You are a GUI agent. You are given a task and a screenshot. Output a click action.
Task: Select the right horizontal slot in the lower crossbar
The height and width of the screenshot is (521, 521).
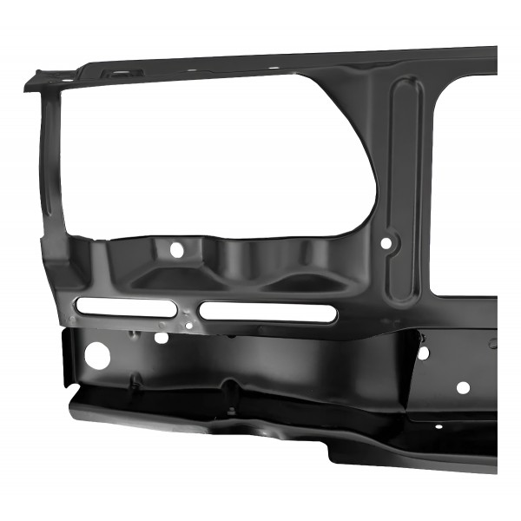(x=267, y=313)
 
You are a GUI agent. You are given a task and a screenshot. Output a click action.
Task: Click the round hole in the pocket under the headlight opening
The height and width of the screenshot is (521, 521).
(x=176, y=249)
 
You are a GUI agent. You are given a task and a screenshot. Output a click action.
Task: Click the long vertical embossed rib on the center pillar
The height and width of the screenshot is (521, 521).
(x=407, y=191)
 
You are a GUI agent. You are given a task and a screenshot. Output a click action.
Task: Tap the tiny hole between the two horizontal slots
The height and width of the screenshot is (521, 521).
(x=189, y=325)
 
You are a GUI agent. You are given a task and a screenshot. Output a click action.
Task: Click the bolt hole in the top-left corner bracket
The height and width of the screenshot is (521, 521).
(x=60, y=77)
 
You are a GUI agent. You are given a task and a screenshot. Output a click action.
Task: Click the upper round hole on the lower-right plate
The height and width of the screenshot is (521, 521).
(x=423, y=352)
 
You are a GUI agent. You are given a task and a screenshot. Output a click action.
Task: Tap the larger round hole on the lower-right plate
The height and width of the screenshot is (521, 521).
(x=463, y=387)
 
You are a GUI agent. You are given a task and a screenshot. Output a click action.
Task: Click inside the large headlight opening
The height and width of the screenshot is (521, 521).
(x=217, y=156)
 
